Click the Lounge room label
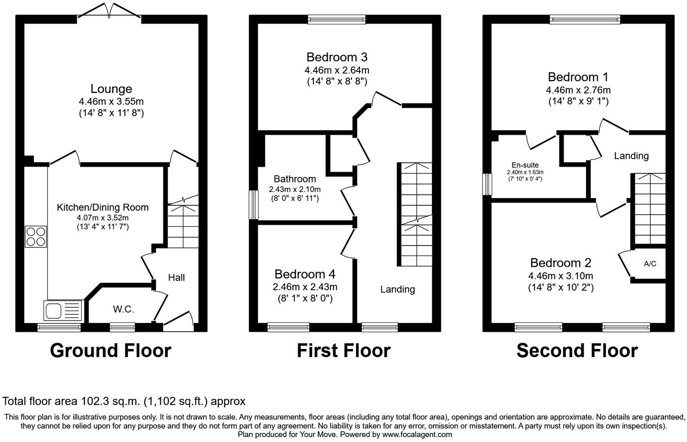click(x=111, y=89)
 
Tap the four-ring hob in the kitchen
click(x=35, y=237)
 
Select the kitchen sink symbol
click(x=63, y=310)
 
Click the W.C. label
click(x=123, y=309)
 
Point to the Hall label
click(x=176, y=278)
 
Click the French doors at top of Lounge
click(x=110, y=12)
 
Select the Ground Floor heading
click(x=110, y=350)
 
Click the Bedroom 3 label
click(x=337, y=57)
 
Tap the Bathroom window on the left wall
click(x=254, y=205)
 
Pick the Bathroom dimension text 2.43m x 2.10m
click(x=295, y=189)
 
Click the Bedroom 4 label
click(x=305, y=274)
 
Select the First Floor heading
click(x=343, y=350)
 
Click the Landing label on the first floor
click(x=397, y=289)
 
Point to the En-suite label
click(x=525, y=165)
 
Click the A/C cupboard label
click(x=650, y=264)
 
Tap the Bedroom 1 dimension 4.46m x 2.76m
click(x=578, y=90)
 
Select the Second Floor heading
click(x=577, y=350)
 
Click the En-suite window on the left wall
click(x=487, y=184)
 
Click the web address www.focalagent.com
click(x=417, y=434)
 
